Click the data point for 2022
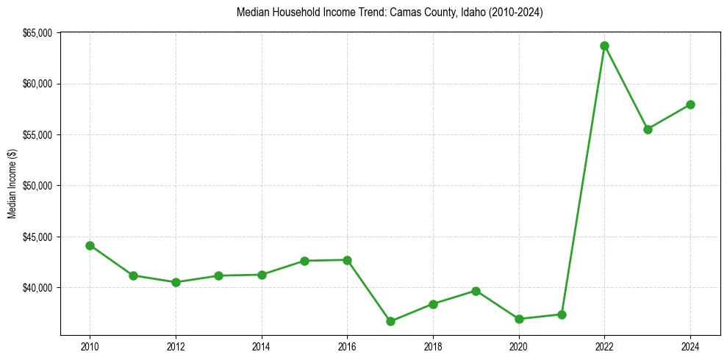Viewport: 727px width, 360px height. (x=604, y=46)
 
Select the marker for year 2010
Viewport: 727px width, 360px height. (x=90, y=245)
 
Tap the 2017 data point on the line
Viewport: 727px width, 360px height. (x=390, y=321)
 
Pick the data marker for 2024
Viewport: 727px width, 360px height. (x=690, y=104)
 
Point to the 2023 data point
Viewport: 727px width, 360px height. (x=648, y=129)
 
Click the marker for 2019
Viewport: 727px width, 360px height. (x=476, y=291)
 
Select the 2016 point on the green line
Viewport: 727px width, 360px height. (x=347, y=260)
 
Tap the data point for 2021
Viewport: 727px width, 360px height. (x=562, y=314)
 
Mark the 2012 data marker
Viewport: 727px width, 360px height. (x=176, y=282)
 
